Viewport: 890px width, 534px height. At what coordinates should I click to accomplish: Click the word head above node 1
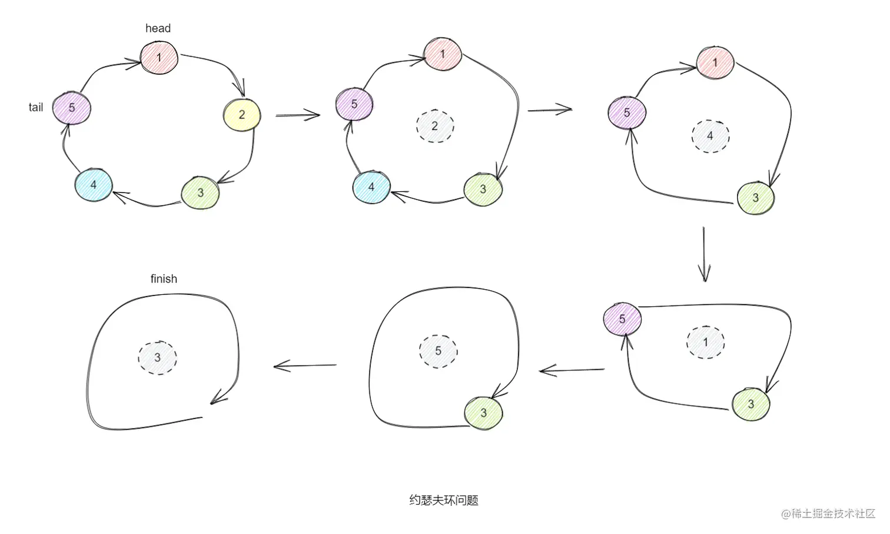coord(158,28)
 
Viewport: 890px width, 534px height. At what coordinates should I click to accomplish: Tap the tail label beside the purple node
coord(36,107)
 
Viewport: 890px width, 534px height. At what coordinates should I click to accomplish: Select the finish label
coord(164,278)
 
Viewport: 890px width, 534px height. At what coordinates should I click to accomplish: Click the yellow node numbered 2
coord(242,115)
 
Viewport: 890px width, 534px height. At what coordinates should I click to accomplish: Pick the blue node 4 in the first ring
coord(93,185)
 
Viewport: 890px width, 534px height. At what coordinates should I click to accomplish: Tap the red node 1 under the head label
coord(159,58)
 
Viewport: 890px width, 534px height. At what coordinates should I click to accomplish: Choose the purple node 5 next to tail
coord(72,108)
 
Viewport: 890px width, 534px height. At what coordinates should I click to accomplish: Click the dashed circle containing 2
coord(435,126)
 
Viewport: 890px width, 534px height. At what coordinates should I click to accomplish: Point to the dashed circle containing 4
coord(710,136)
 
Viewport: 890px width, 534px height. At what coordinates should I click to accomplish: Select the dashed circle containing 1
coord(705,342)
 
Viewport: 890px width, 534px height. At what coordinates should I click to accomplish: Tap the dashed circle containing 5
coord(438,351)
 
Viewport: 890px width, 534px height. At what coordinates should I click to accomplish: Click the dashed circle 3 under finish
coord(157,357)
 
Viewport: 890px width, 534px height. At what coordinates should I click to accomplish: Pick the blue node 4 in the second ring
coord(371,187)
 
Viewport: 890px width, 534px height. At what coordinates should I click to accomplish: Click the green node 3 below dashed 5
coord(483,413)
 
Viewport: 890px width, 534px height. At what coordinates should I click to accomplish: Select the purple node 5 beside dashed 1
coord(622,319)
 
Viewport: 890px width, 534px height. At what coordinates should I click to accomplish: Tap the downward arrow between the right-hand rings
coord(704,254)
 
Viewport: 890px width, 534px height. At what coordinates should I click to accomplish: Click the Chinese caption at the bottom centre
coord(444,500)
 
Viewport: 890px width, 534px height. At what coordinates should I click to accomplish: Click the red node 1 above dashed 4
coord(715,62)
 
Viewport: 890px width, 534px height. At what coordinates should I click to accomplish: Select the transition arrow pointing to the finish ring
coord(305,366)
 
